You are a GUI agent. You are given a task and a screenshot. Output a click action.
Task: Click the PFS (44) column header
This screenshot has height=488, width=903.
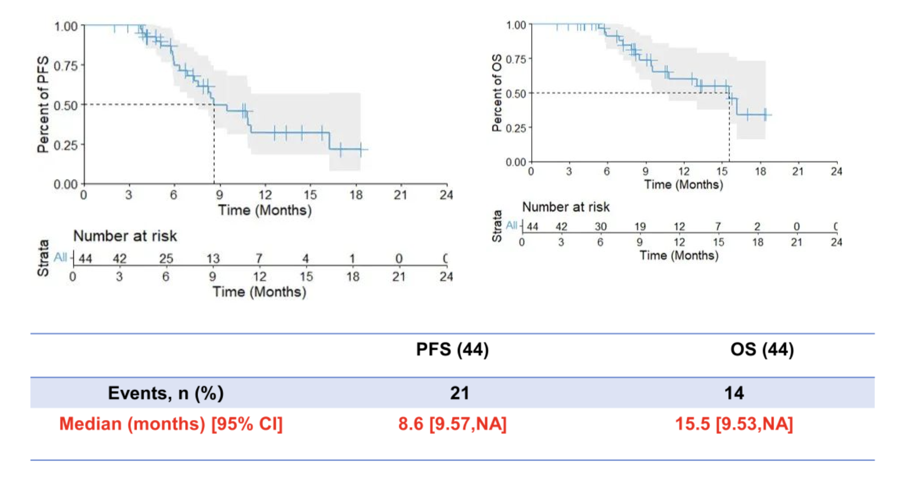(452, 349)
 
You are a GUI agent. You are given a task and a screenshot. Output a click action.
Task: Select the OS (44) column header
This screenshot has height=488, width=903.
(762, 349)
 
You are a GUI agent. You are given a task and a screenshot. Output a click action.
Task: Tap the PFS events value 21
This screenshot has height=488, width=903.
(459, 393)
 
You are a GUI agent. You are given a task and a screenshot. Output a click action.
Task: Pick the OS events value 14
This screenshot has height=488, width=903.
(734, 393)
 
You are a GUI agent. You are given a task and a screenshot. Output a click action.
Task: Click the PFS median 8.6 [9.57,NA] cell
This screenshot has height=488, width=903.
(452, 424)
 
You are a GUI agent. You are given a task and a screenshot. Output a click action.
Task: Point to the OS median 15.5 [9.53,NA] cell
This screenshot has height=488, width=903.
(734, 424)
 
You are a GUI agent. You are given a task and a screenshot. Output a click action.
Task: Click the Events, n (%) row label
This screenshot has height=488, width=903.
(166, 393)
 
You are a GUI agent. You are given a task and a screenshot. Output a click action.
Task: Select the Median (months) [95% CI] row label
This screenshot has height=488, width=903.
(170, 424)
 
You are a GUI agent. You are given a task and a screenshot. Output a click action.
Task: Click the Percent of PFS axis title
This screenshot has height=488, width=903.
(43, 104)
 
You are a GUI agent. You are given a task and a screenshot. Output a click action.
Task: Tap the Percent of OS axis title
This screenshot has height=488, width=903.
(496, 93)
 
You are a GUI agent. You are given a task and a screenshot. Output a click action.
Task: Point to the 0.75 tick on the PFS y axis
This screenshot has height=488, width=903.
(66, 66)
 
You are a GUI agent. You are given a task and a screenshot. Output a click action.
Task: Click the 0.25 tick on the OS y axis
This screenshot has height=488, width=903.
(516, 128)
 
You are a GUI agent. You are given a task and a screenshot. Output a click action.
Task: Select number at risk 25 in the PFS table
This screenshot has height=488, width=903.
(166, 258)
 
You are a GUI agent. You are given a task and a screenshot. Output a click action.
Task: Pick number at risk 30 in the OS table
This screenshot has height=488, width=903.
(600, 227)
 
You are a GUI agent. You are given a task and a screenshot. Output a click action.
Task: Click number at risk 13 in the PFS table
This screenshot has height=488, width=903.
(213, 258)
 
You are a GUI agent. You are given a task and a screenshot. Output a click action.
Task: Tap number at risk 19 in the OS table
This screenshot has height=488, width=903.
(640, 227)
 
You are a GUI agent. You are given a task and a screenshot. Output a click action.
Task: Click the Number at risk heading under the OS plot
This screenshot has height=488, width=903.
(565, 207)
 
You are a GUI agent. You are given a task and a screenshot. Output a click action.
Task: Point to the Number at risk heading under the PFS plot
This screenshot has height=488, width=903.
(125, 236)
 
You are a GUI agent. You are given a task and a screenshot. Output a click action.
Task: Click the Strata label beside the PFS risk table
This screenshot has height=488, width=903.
(43, 258)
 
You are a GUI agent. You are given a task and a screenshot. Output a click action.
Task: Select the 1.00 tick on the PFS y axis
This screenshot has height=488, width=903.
(66, 26)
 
